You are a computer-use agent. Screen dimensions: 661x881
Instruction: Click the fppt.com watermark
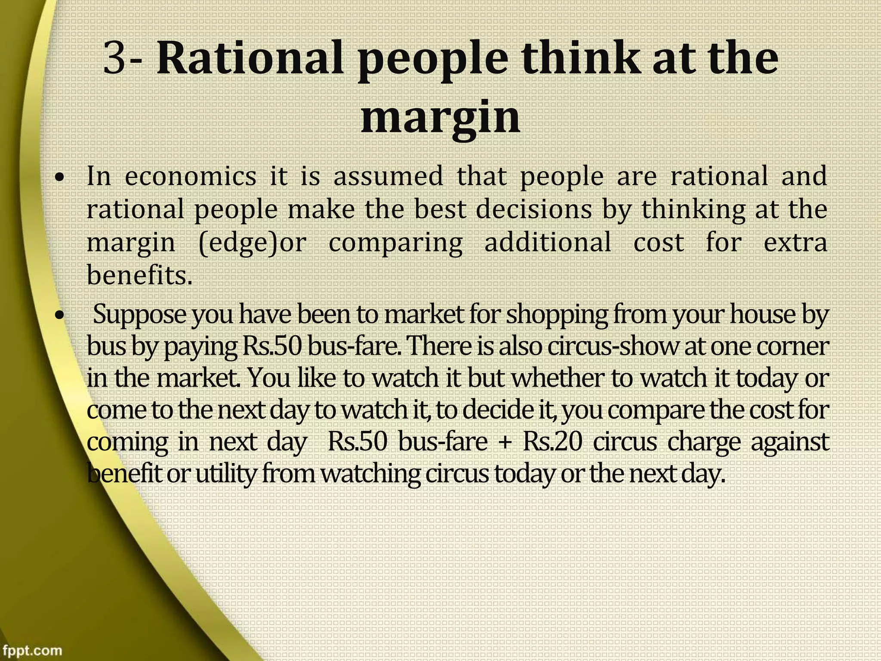[x=31, y=649]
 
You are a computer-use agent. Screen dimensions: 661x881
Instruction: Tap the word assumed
[x=388, y=176]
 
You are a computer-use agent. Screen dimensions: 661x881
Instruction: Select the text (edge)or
[x=253, y=243]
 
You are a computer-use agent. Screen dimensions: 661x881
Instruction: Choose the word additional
[x=548, y=242]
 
